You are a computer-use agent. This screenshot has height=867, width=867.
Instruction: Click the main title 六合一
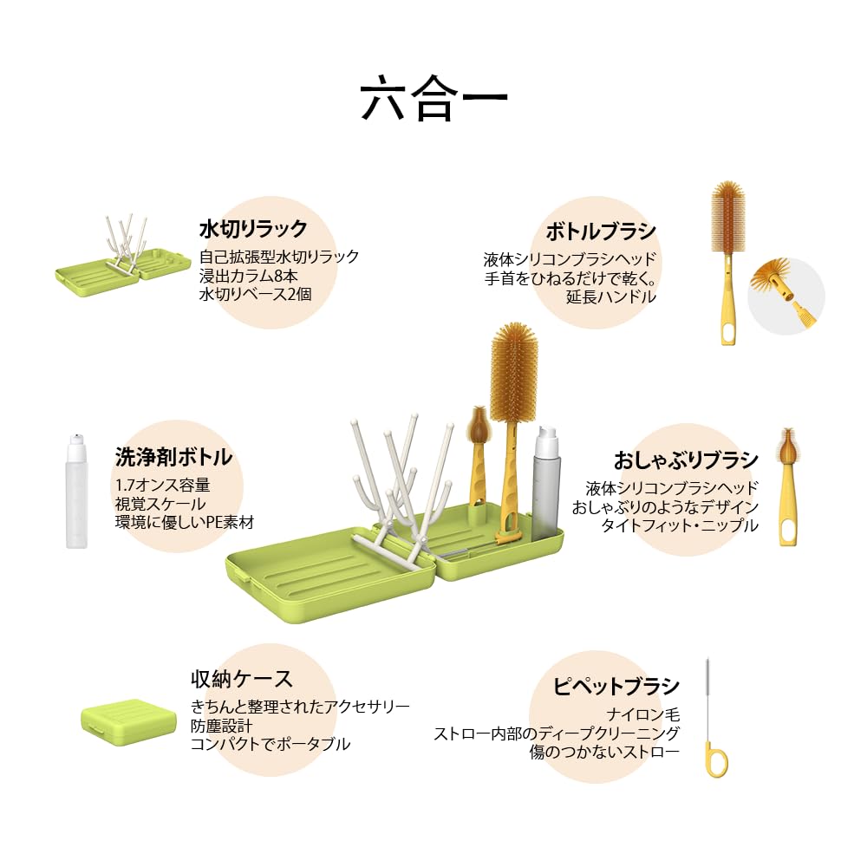click(x=433, y=100)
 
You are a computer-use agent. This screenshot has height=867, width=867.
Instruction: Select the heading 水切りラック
click(x=253, y=229)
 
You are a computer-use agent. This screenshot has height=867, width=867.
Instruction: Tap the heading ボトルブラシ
click(x=601, y=231)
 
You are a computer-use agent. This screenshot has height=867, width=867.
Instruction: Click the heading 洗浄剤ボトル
click(x=173, y=457)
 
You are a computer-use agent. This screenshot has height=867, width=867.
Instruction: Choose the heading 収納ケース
click(x=242, y=679)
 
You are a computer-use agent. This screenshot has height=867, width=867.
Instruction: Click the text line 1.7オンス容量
click(x=162, y=485)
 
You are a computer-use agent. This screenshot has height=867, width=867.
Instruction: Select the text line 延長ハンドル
click(x=611, y=297)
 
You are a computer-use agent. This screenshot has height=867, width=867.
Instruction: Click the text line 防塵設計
click(x=222, y=725)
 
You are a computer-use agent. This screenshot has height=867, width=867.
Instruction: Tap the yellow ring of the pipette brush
click(x=716, y=759)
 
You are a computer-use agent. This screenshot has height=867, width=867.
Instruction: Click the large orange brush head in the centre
click(x=514, y=371)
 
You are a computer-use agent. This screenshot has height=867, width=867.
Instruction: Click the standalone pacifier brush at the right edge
click(x=786, y=486)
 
